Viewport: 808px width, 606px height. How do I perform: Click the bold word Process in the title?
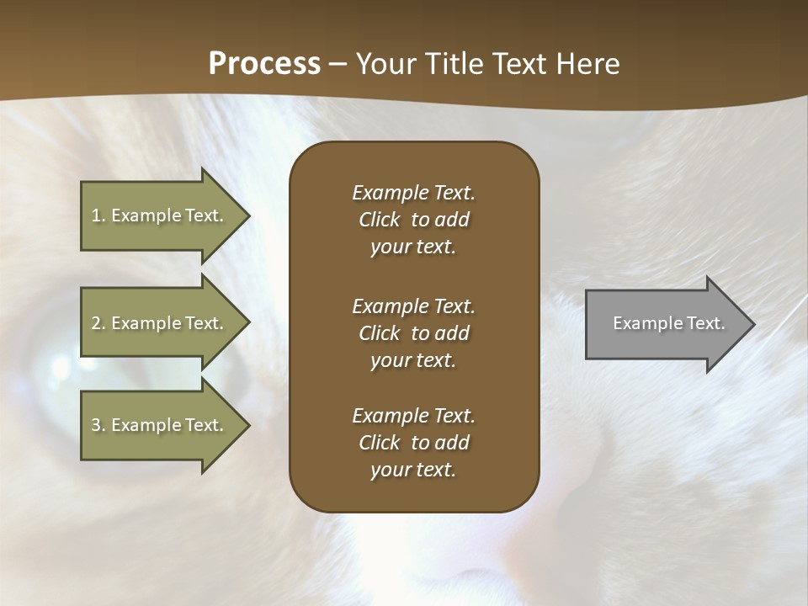(x=264, y=64)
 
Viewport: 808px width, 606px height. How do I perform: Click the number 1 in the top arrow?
(x=96, y=215)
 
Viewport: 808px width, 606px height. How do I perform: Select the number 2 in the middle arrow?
(x=96, y=323)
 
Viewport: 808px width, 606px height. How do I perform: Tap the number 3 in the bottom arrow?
(x=96, y=425)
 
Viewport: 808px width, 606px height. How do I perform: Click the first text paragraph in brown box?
(x=413, y=220)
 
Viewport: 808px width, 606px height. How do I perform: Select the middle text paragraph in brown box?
(x=413, y=333)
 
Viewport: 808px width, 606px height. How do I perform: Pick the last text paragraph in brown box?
(x=413, y=443)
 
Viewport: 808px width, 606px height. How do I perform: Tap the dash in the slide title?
(x=338, y=65)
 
